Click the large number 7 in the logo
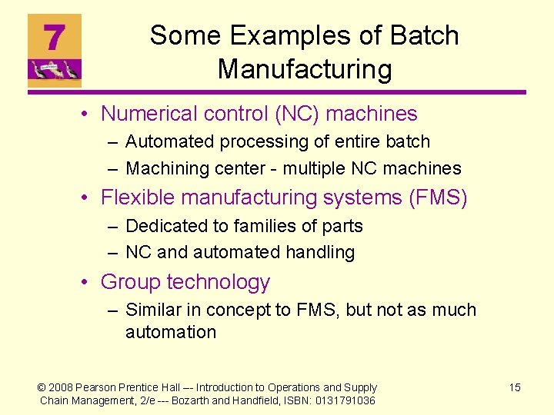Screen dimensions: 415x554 [x=53, y=37]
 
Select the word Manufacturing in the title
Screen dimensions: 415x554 [x=305, y=69]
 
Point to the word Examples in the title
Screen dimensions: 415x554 [x=298, y=35]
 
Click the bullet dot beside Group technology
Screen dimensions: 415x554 [x=89, y=283]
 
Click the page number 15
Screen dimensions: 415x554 [x=515, y=387]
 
